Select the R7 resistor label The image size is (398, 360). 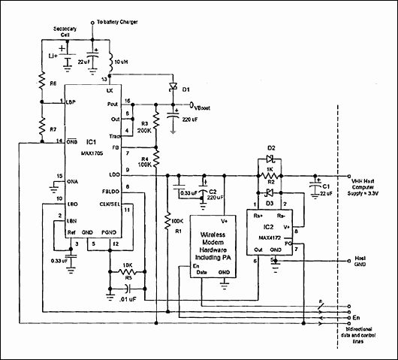pyautogui.click(x=43, y=129)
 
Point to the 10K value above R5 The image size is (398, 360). pyautogui.click(x=128, y=267)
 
